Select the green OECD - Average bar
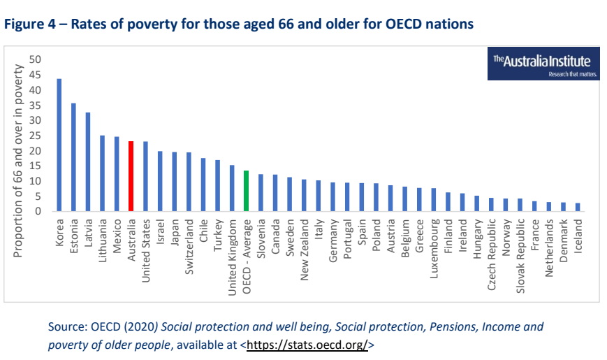coord(246,191)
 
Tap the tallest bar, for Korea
coord(59,145)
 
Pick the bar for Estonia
coord(73,157)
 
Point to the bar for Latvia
coord(88,161)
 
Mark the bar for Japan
coord(174,182)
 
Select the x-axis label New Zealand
coord(304,249)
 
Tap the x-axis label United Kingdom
coord(232,255)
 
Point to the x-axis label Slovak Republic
coord(520,252)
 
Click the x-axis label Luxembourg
coord(433,248)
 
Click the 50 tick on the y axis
coord(36,60)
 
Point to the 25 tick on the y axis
coord(36,136)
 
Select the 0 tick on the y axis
coord(38,211)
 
